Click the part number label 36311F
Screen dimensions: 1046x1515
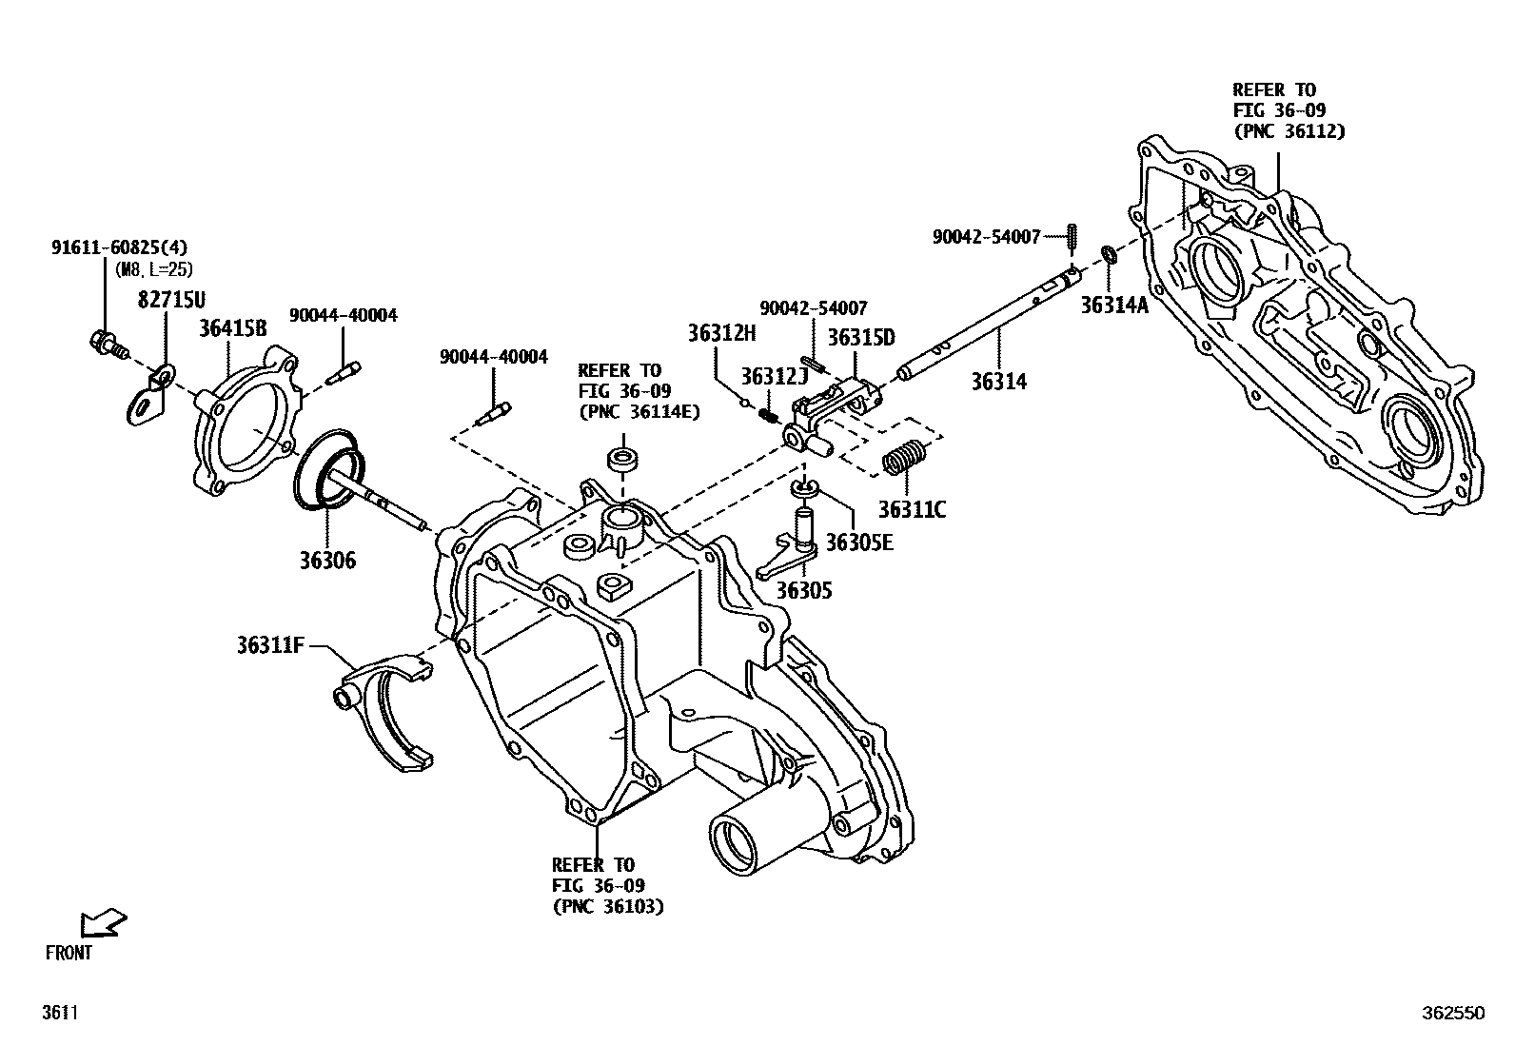269,645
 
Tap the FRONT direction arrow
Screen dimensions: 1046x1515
104,921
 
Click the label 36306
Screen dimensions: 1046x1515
325,560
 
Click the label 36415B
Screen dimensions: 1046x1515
232,328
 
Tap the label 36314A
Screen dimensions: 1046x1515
1114,305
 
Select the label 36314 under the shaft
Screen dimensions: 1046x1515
998,382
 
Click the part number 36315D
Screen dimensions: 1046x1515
860,337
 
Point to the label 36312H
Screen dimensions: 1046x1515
721,332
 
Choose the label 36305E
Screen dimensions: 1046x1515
859,542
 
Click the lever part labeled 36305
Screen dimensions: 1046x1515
788,557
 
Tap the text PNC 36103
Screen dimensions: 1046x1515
607,906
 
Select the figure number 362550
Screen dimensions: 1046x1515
1452,1014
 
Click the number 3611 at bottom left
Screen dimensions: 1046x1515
59,1014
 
